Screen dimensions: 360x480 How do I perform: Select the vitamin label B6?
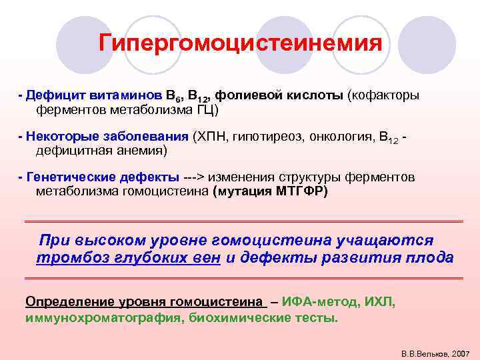coord(160,96)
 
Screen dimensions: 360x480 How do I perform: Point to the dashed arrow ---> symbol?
coord(194,178)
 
